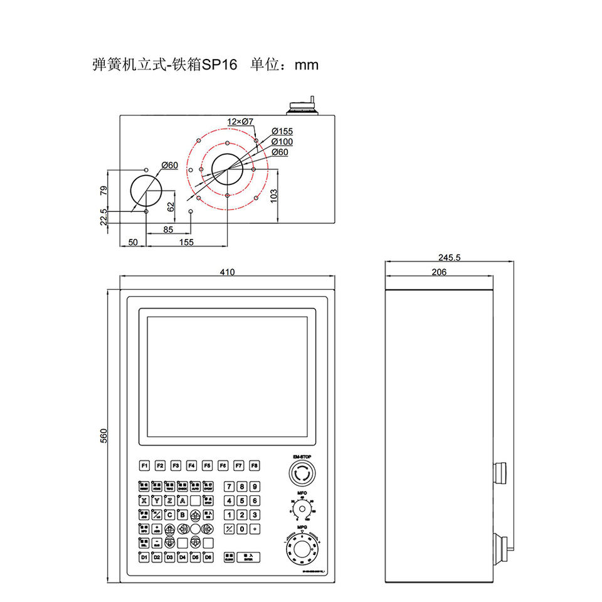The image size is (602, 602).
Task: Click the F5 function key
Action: pyautogui.click(x=207, y=466)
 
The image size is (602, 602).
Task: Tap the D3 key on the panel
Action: pyautogui.click(x=169, y=557)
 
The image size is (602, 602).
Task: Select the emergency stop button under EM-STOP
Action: pyautogui.click(x=302, y=473)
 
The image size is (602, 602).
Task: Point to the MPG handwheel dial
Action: pyautogui.click(x=302, y=550)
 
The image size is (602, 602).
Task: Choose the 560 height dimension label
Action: pyautogui.click(x=105, y=436)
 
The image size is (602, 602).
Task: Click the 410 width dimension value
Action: pyautogui.click(x=227, y=272)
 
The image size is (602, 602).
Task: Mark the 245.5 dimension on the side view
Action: pyautogui.click(x=450, y=257)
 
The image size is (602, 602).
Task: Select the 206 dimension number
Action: pyautogui.click(x=440, y=272)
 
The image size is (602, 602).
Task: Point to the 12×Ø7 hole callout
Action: pyautogui.click(x=240, y=121)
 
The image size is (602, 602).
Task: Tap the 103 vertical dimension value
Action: pyautogui.click(x=273, y=196)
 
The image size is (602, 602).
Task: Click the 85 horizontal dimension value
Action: pyautogui.click(x=168, y=230)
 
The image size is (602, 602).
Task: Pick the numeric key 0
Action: pyautogui.click(x=242, y=529)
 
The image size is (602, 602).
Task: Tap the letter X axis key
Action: pyautogui.click(x=144, y=500)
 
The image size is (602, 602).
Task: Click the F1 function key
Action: pyautogui.click(x=144, y=466)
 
